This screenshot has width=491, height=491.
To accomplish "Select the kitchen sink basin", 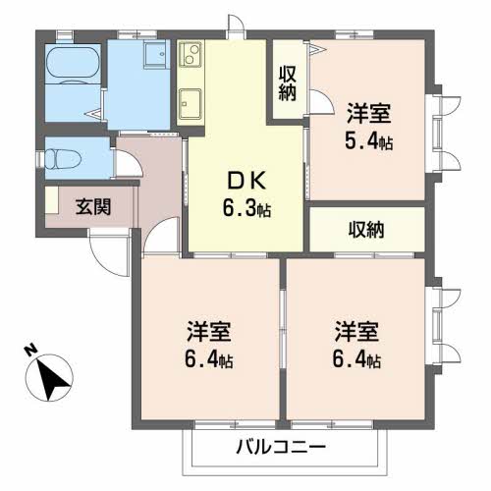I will click(191, 102).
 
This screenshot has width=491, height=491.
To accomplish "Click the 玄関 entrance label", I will click(92, 206).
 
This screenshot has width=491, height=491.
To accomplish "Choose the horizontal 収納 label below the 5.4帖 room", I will click(366, 230).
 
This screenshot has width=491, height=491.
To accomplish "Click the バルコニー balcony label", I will click(280, 447).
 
